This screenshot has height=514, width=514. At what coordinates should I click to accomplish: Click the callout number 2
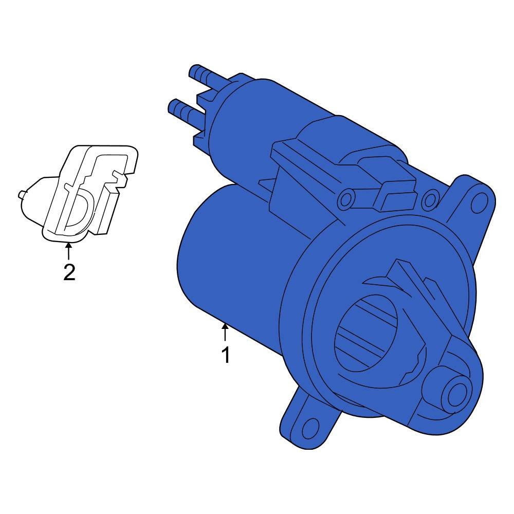click(69, 272)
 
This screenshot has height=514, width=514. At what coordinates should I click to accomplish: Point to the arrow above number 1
click(225, 332)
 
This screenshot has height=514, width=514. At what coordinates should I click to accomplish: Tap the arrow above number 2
click(68, 251)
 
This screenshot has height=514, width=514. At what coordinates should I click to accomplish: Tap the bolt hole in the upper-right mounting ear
click(479, 202)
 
